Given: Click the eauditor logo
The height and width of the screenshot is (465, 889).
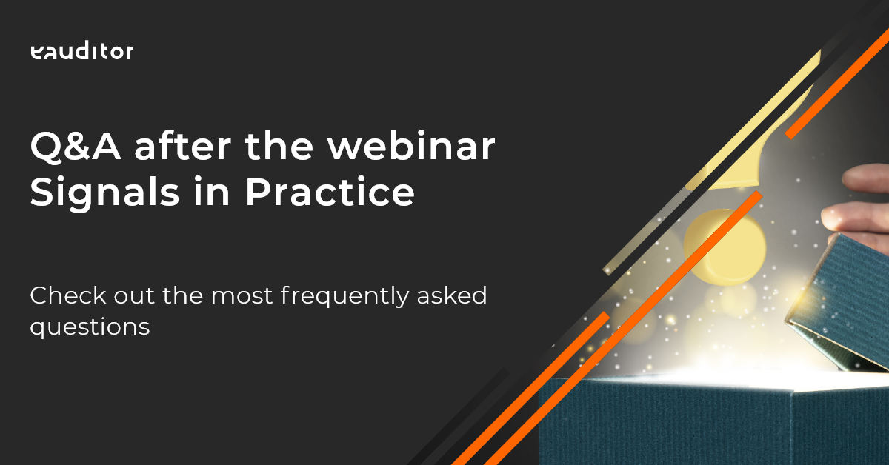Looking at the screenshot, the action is click(81, 52).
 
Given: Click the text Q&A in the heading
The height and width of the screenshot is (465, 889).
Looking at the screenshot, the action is click(76, 147).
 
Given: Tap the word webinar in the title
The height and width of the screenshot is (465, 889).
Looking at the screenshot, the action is click(411, 146).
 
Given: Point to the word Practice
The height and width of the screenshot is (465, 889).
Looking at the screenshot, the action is click(330, 192).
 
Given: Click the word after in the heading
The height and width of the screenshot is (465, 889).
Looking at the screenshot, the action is click(183, 146).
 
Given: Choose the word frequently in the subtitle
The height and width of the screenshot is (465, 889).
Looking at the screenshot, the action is click(344, 297).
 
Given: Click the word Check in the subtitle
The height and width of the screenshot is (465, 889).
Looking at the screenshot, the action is click(68, 295).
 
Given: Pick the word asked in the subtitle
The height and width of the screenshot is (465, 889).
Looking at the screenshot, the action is click(452, 295).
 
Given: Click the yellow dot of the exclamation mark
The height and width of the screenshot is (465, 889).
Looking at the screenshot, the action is click(725, 247).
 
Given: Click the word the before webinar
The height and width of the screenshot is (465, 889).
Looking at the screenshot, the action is click(279, 146).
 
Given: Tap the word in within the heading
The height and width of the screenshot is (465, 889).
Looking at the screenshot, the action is click(212, 192).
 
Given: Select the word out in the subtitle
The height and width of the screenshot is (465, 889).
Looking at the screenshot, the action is click(134, 296).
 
